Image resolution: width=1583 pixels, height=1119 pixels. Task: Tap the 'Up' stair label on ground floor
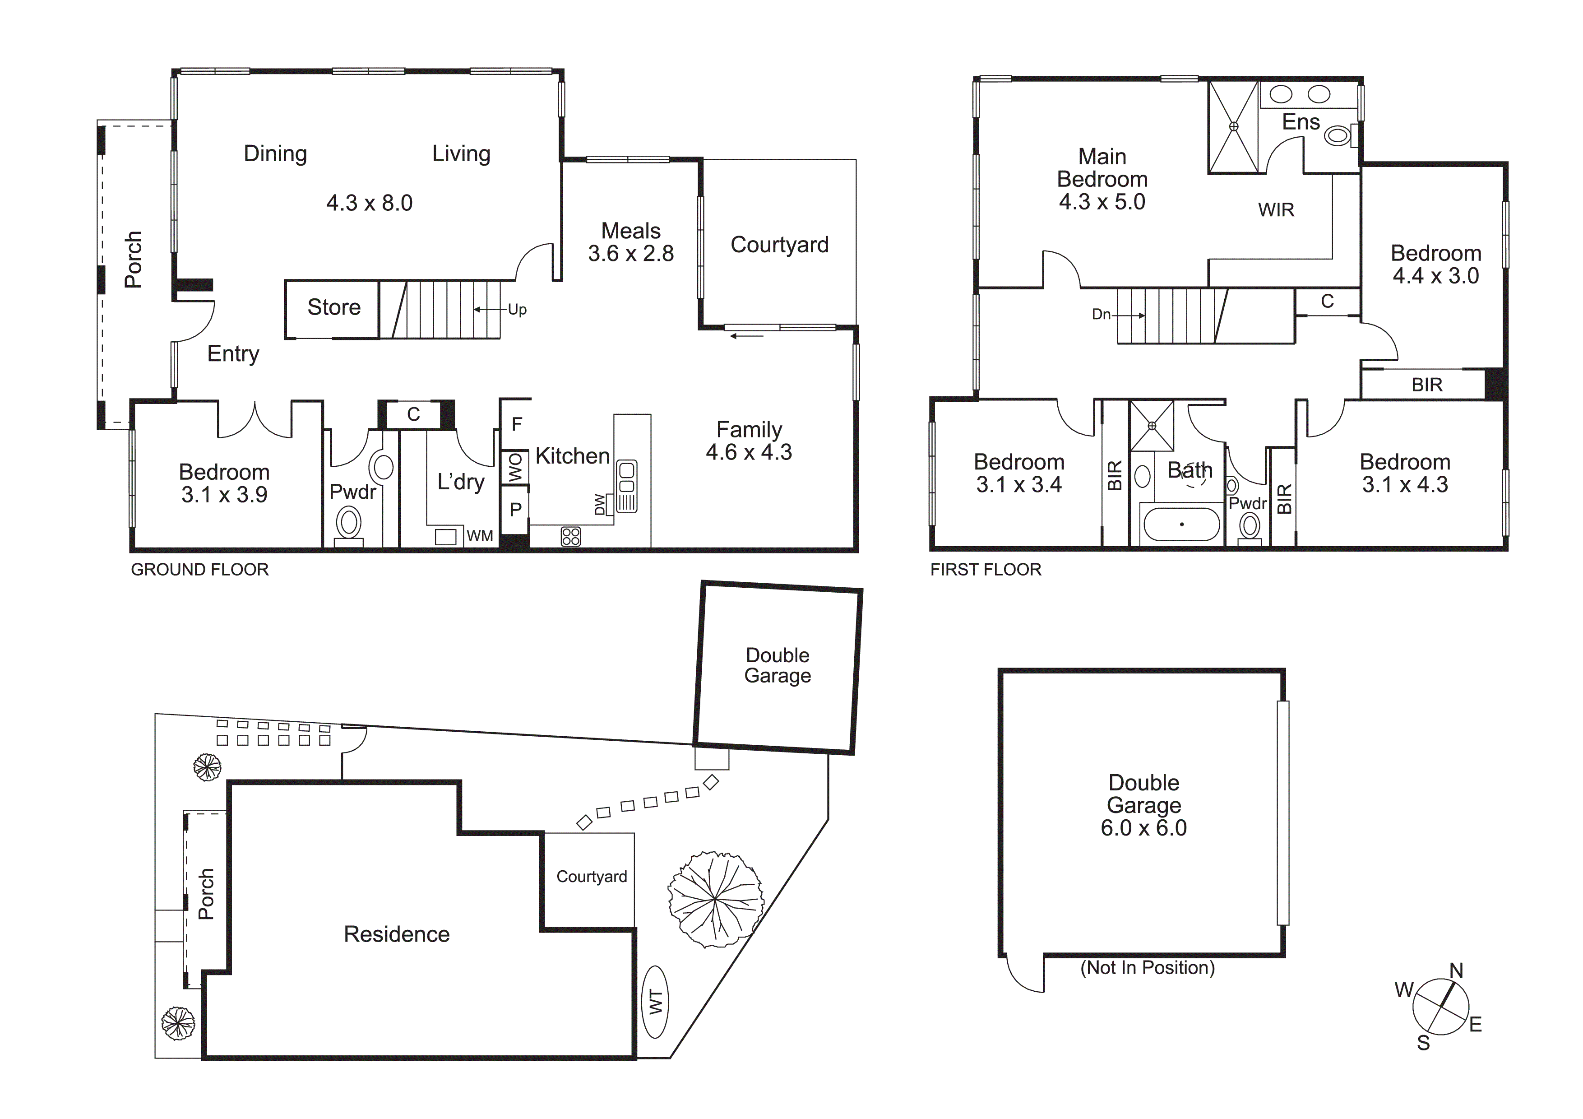[517, 310]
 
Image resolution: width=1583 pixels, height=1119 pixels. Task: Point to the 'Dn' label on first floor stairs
[1101, 315]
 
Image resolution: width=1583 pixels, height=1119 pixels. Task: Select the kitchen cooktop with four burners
[571, 536]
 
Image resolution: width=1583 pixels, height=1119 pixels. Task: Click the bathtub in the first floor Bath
[1182, 525]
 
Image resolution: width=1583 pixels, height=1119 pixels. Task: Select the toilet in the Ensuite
[1338, 136]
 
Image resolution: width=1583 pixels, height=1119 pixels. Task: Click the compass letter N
[1456, 971]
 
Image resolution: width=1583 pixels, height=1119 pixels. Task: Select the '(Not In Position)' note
[1147, 968]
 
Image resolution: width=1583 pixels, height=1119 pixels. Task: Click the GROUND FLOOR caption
[200, 570]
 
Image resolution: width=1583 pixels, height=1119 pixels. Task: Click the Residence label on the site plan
[397, 934]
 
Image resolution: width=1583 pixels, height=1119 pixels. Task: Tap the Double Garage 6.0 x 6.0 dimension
[1144, 828]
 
